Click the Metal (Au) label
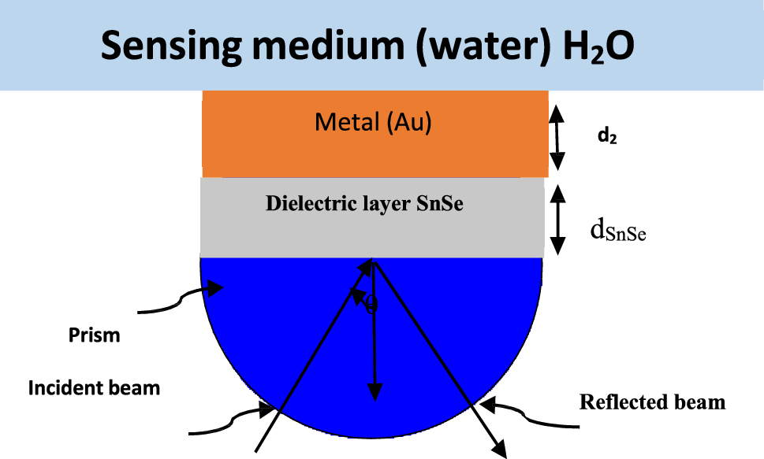pos(373,123)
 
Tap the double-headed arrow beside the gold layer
pos(557,138)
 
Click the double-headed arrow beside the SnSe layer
pos(557,220)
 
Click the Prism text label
pos(92,335)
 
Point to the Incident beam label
pos(94,387)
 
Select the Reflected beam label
pos(652,402)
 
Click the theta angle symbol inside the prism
pos(371,304)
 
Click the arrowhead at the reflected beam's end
pos(499,448)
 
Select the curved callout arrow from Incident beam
pos(233,420)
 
